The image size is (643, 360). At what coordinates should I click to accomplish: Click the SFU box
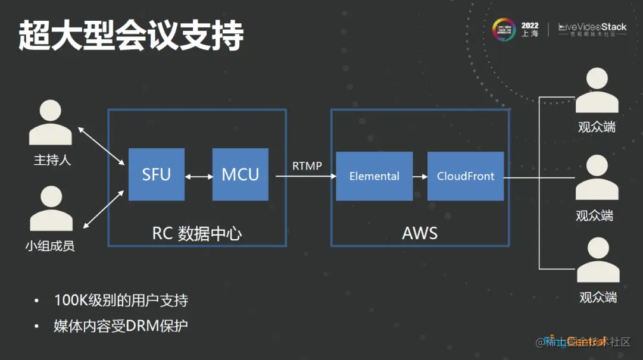[157, 174]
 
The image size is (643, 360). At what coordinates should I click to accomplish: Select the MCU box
[241, 174]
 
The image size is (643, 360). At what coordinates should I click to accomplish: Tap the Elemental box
[374, 176]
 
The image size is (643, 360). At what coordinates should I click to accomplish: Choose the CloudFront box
[466, 176]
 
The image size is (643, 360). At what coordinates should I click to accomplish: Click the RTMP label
[307, 166]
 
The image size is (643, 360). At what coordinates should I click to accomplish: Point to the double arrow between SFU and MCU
[199, 176]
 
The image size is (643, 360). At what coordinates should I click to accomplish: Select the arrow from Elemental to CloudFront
[420, 177]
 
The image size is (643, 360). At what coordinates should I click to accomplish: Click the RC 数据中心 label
[197, 233]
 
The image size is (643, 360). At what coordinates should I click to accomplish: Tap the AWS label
[420, 233]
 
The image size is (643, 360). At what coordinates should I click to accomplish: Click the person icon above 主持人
[51, 123]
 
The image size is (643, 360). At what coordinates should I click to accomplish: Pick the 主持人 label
[52, 160]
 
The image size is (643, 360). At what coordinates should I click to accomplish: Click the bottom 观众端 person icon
[598, 260]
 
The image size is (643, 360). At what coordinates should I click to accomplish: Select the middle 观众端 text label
[594, 215]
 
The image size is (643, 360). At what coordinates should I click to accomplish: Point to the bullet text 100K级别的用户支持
[121, 300]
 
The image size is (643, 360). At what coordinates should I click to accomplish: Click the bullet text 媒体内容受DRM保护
[121, 326]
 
